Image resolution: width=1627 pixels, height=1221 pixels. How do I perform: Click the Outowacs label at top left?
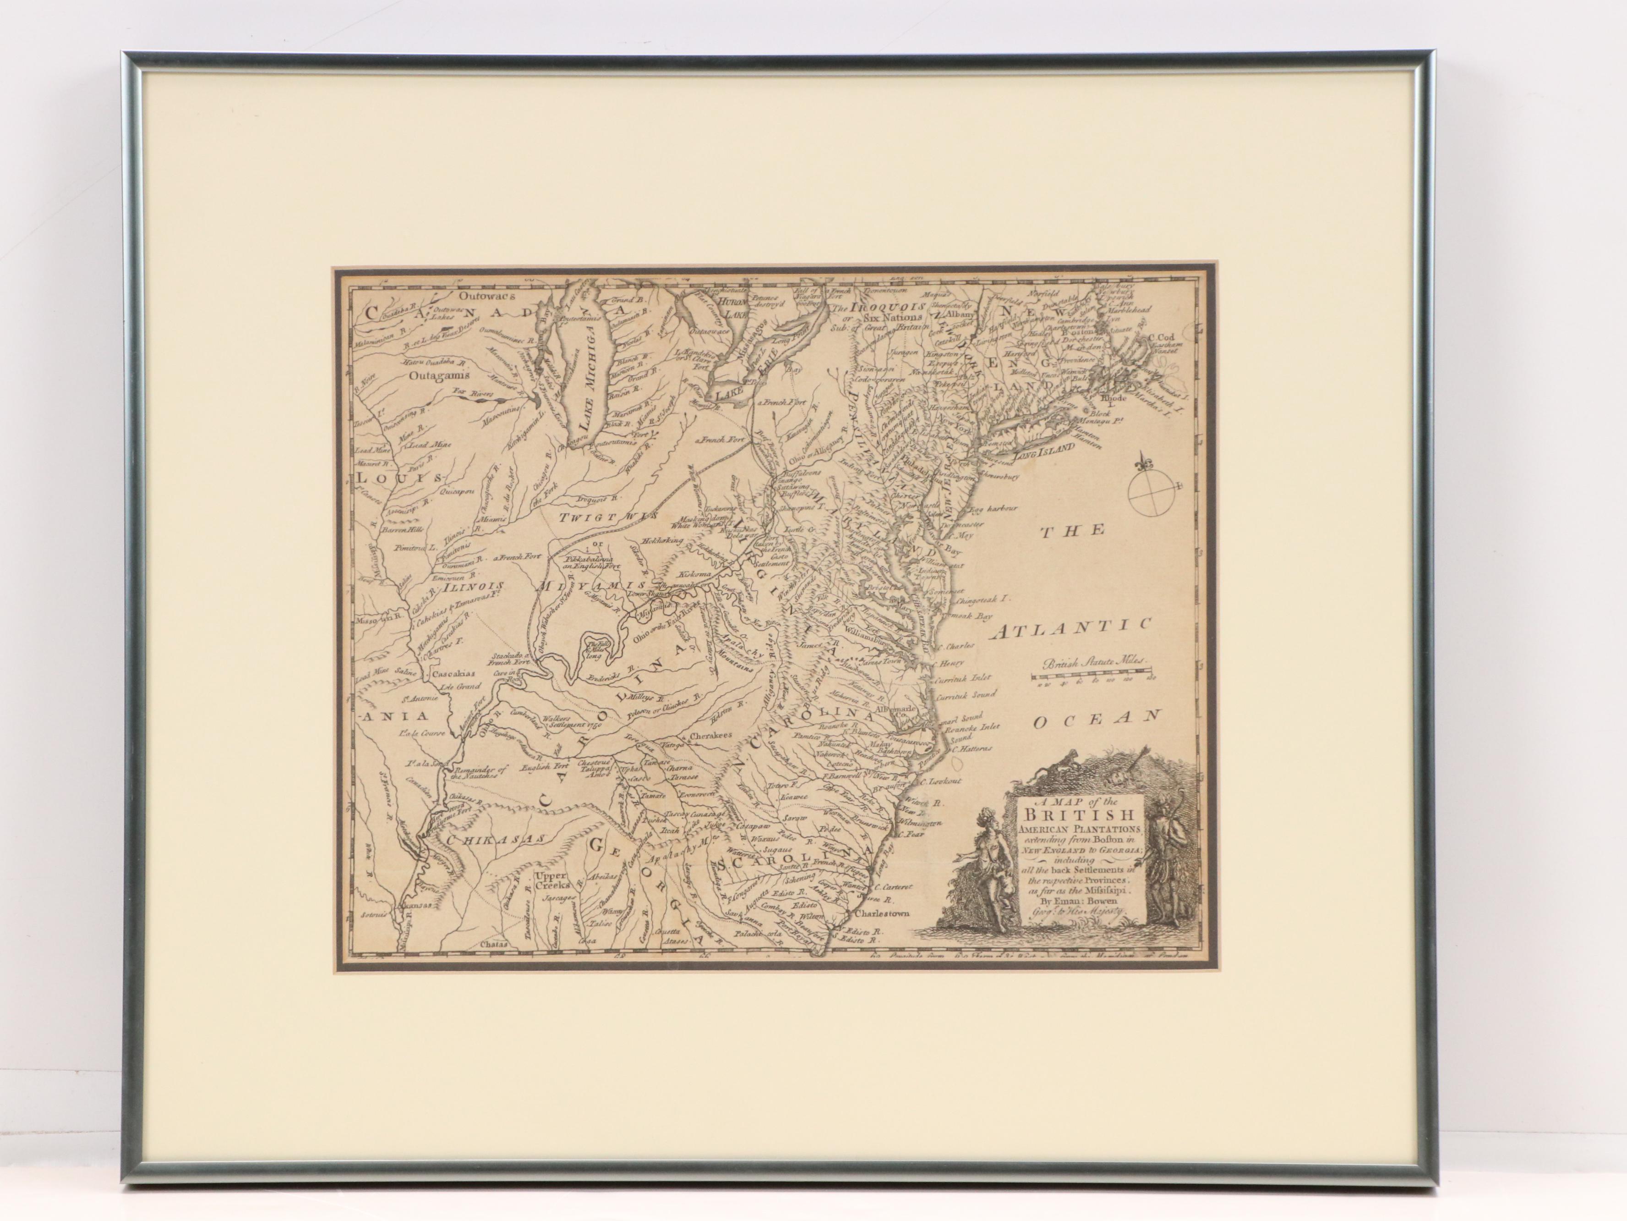(x=482, y=296)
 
